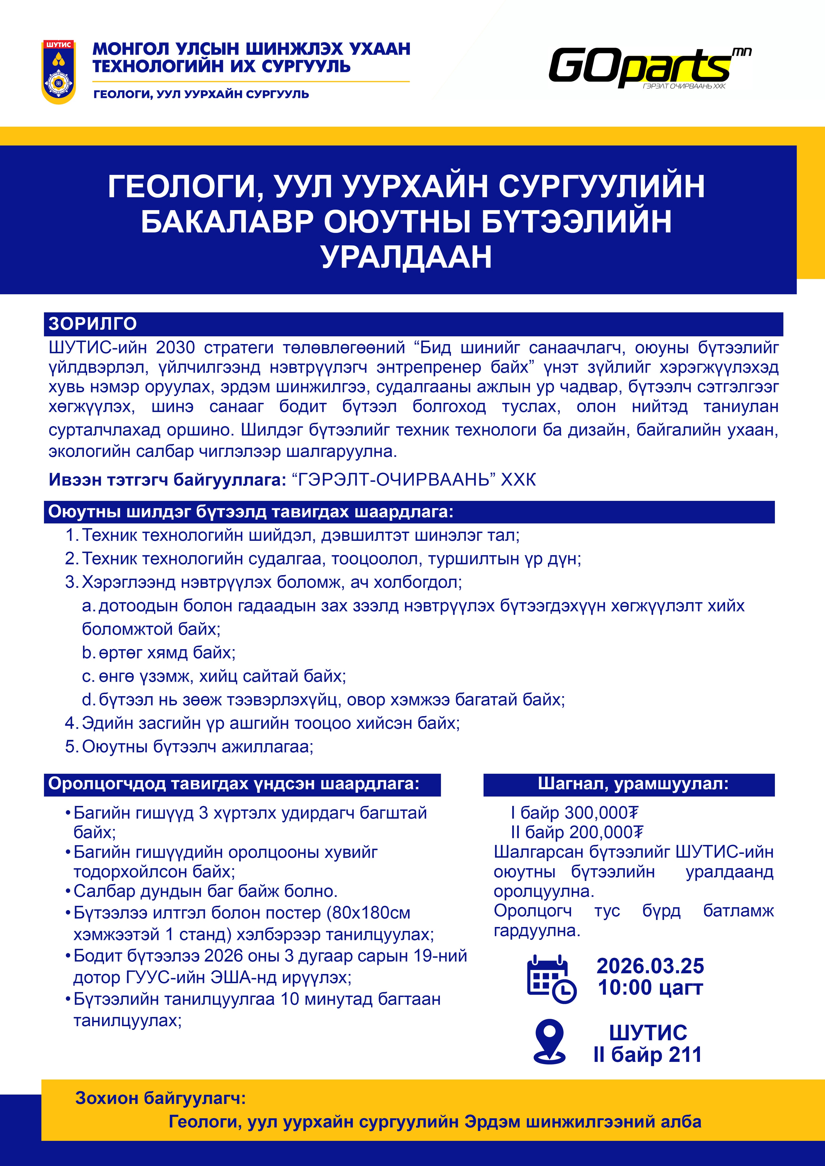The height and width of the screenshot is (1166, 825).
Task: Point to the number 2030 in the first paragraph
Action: (175, 348)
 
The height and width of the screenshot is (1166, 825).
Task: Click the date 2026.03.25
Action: (650, 966)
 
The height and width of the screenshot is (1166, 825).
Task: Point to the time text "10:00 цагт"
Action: (650, 988)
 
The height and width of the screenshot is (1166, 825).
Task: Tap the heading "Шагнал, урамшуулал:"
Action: (633, 784)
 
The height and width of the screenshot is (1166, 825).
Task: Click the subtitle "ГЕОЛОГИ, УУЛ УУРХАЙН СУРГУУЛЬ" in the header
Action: (201, 94)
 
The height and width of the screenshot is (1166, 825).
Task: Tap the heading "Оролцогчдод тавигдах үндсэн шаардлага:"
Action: (234, 784)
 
